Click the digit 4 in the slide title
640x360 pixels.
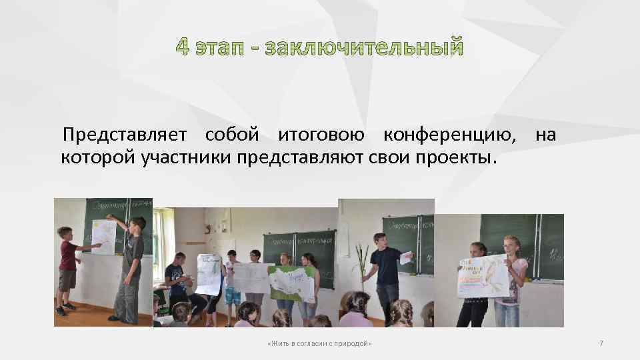183,48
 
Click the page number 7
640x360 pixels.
601,343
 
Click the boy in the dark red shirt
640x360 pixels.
68,267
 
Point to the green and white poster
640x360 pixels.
292,283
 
